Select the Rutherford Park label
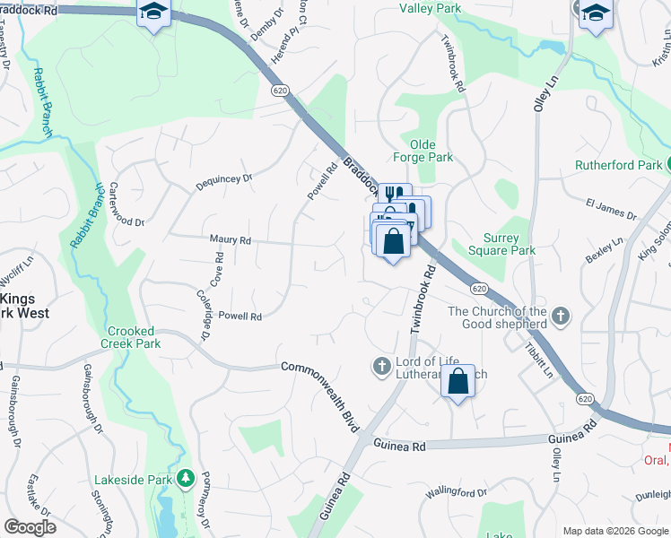click(x=618, y=164)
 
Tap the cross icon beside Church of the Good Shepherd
click(x=561, y=316)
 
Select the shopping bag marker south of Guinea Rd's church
click(x=457, y=381)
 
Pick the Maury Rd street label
click(x=231, y=240)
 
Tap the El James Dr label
click(x=611, y=211)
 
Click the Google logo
click(x=29, y=527)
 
